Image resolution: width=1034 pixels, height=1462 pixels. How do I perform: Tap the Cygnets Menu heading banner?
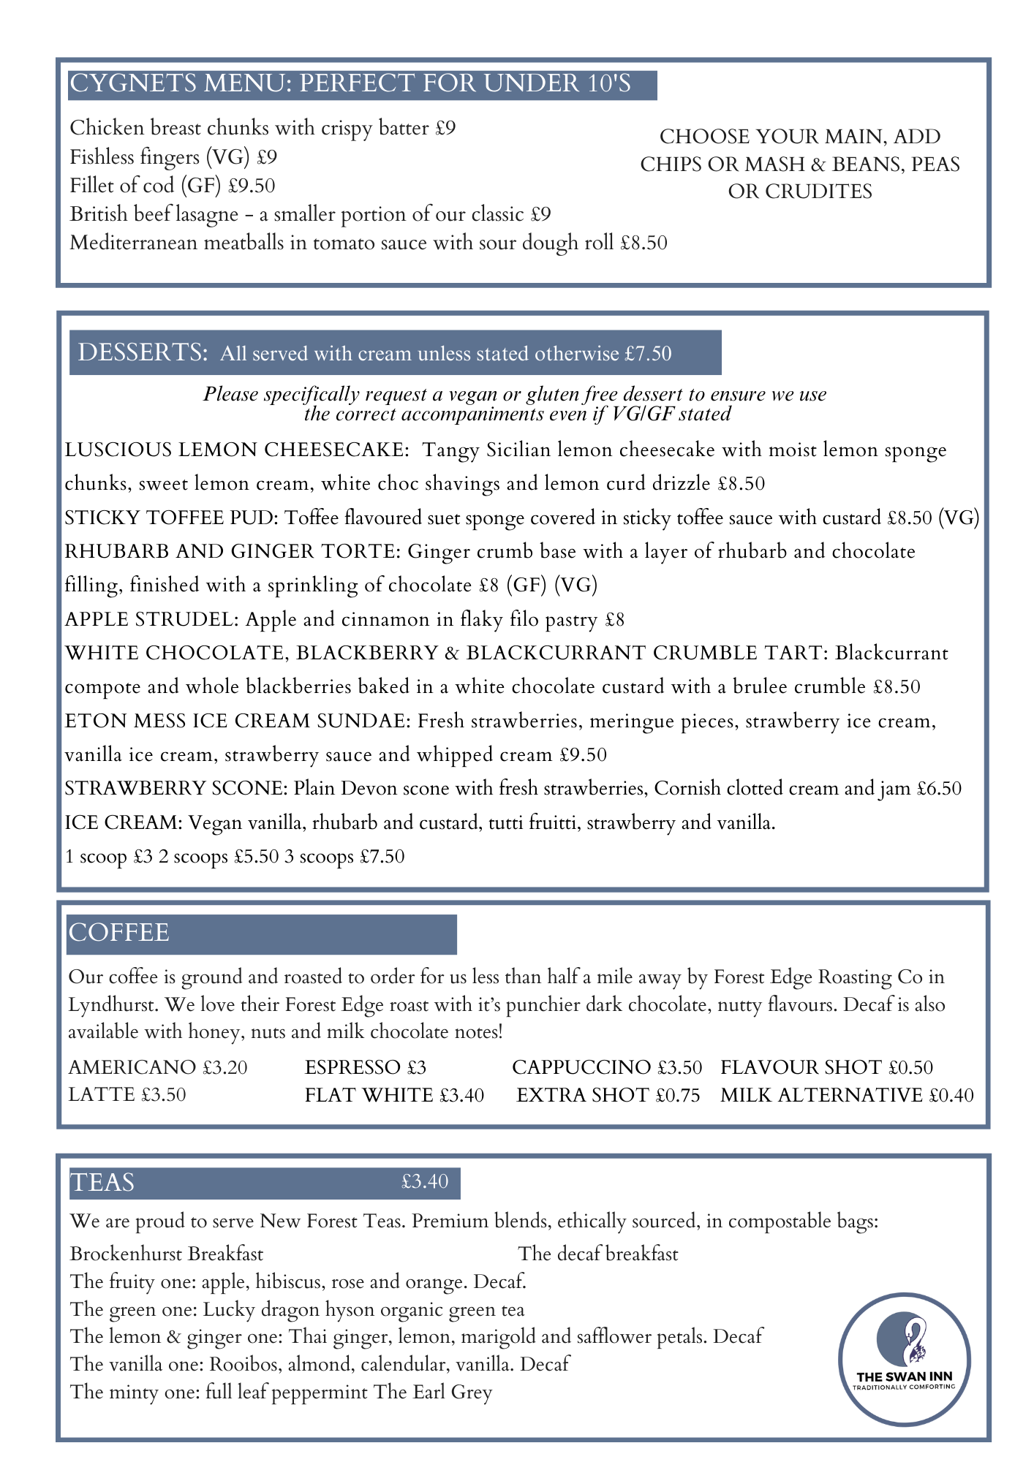[x=362, y=84]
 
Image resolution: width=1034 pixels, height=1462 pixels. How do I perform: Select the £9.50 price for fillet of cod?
[x=252, y=186]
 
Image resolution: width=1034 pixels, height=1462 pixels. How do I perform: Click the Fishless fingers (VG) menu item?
[x=173, y=157]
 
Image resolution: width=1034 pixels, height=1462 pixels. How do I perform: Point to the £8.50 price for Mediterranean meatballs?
[x=644, y=243]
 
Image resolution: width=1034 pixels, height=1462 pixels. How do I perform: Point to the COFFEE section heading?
[x=118, y=933]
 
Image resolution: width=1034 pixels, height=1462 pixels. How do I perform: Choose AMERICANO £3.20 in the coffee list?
[x=158, y=1067]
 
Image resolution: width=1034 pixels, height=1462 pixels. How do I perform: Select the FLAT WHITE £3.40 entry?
[x=394, y=1095]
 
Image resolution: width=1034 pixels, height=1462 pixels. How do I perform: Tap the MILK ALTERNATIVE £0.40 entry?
[x=847, y=1095]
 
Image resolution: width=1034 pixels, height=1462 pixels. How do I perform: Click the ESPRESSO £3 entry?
[x=365, y=1067]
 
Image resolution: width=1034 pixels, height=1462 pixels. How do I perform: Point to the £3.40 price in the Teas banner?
[x=424, y=1181]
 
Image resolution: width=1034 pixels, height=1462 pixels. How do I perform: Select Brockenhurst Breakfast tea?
[x=167, y=1254]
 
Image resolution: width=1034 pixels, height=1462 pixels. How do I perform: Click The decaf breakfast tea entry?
[x=598, y=1254]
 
